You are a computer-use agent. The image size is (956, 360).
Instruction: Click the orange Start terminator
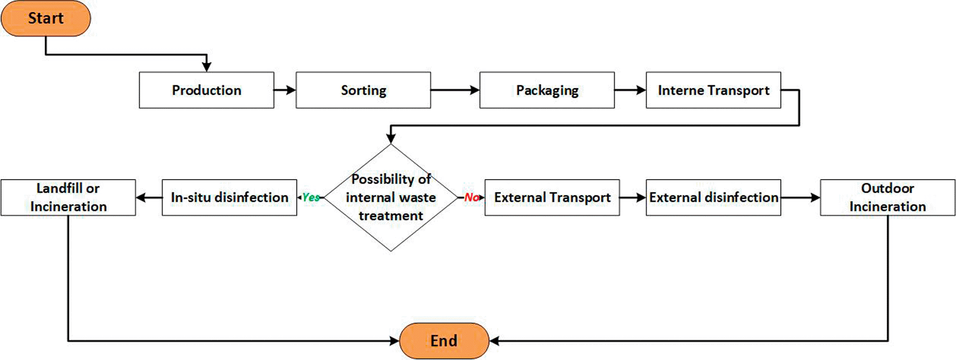pyautogui.click(x=46, y=18)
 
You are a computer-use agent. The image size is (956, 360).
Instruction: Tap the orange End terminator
pyautogui.click(x=444, y=340)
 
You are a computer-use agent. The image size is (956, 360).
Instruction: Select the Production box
pyautogui.click(x=207, y=90)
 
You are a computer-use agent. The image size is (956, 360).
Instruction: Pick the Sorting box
pyautogui.click(x=363, y=90)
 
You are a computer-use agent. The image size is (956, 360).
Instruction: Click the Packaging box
pyautogui.click(x=547, y=90)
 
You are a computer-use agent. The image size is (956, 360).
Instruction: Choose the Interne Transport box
pyautogui.click(x=713, y=90)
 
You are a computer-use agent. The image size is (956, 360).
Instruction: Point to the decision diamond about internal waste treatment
pyautogui.click(x=391, y=198)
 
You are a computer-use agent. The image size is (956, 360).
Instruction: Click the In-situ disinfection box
pyautogui.click(x=229, y=198)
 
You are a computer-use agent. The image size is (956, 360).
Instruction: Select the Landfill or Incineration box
pyautogui.click(x=68, y=198)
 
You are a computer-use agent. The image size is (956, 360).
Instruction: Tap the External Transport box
pyautogui.click(x=552, y=198)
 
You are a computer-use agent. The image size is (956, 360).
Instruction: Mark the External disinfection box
pyautogui.click(x=713, y=198)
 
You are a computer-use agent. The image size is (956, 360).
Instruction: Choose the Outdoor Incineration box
pyautogui.click(x=887, y=198)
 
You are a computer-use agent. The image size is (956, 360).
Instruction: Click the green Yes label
pyautogui.click(x=310, y=198)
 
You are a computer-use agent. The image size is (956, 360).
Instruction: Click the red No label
pyautogui.click(x=471, y=198)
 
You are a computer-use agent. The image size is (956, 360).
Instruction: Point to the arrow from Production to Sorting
pyautogui.click(x=285, y=90)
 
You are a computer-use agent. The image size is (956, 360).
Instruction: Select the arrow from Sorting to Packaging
pyautogui.click(x=455, y=90)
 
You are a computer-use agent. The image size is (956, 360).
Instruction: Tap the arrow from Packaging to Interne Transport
pyautogui.click(x=630, y=90)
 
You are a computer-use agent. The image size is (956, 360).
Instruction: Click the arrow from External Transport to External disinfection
pyautogui.click(x=633, y=198)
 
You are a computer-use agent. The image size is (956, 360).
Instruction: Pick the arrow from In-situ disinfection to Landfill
pyautogui.click(x=149, y=198)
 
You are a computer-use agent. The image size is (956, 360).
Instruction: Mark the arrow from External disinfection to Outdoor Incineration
pyautogui.click(x=800, y=198)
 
